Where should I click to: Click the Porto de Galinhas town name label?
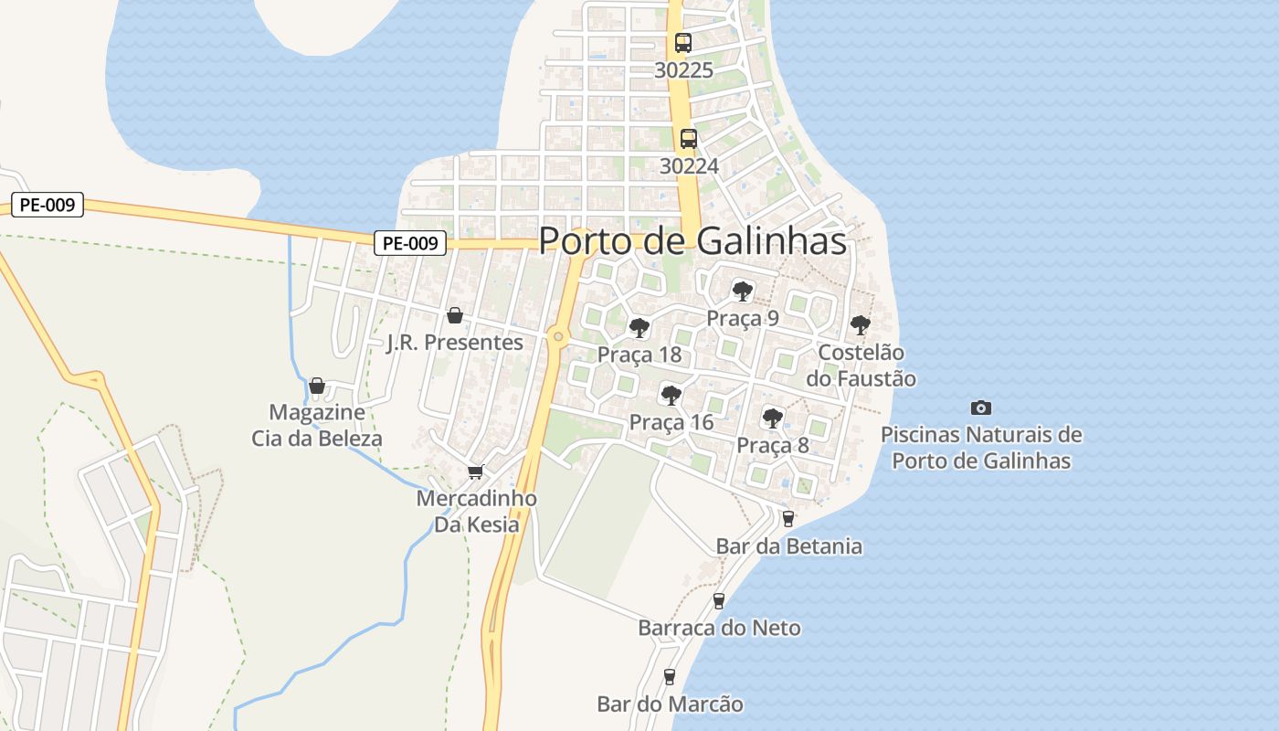(x=692, y=241)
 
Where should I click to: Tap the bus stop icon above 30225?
(x=682, y=42)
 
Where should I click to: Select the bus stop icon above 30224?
(x=688, y=139)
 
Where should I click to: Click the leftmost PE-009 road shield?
(x=48, y=205)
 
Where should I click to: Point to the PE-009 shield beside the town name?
(x=410, y=243)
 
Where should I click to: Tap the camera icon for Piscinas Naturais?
(x=981, y=408)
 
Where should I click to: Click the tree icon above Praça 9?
(x=743, y=291)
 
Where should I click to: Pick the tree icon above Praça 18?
(x=639, y=327)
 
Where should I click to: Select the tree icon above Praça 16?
(x=671, y=396)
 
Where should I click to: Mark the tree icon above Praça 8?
(x=773, y=418)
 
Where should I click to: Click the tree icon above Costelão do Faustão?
(x=861, y=324)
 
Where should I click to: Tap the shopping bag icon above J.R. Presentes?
(x=454, y=315)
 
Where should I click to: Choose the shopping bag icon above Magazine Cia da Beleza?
(x=317, y=386)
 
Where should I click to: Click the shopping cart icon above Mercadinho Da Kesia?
(x=475, y=471)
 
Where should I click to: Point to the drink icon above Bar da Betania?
(x=788, y=519)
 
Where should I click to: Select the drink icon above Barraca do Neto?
(x=719, y=600)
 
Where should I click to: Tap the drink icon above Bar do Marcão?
(x=670, y=676)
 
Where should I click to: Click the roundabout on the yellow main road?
(x=558, y=337)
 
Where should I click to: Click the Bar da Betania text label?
(x=788, y=546)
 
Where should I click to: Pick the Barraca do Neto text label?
(x=719, y=628)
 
